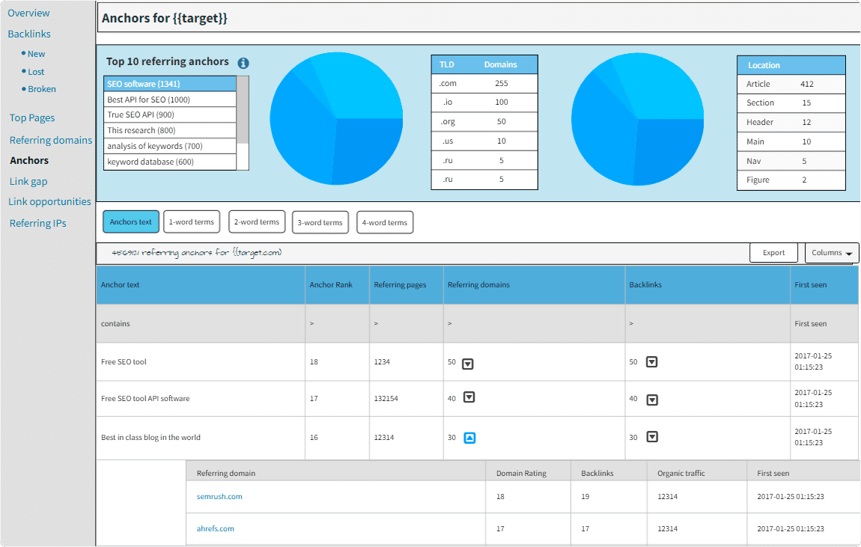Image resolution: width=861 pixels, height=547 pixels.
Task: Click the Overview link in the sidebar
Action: click(x=28, y=13)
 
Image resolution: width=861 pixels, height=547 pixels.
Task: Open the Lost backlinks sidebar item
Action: click(x=36, y=72)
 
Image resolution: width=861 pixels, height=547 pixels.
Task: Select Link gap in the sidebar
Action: click(x=28, y=181)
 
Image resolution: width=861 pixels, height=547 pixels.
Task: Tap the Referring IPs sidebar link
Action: click(x=37, y=223)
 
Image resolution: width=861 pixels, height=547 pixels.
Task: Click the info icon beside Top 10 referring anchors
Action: click(x=243, y=64)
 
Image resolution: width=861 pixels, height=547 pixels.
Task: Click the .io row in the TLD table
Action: click(x=484, y=103)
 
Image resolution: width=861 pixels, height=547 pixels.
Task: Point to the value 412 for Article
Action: click(x=806, y=84)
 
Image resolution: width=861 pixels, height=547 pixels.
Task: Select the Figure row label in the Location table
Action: click(x=757, y=180)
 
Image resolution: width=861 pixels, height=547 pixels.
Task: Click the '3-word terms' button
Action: click(x=320, y=222)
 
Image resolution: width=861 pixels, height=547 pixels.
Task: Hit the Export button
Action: click(x=773, y=253)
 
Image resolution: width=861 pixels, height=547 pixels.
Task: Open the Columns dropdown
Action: click(x=831, y=253)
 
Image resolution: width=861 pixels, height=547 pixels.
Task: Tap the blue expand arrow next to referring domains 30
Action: click(x=469, y=438)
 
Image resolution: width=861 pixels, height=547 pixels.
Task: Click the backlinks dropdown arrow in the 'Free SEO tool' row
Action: click(x=651, y=362)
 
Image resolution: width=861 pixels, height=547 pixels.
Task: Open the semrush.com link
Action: click(x=219, y=496)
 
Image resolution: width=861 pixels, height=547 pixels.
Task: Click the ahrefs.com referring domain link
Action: click(x=216, y=528)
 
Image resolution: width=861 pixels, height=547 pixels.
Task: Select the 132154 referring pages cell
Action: click(x=386, y=399)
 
